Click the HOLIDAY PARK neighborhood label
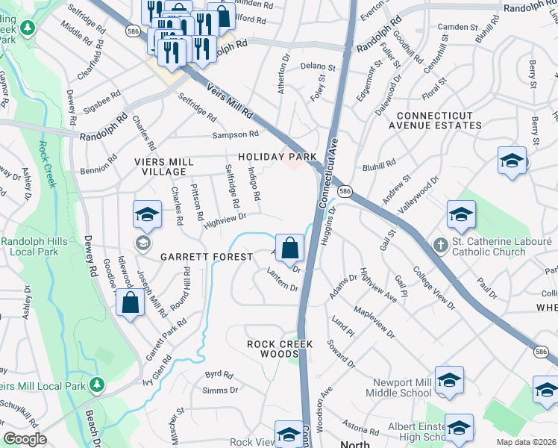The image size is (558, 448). [x=278, y=158]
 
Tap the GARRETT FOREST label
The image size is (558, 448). [x=206, y=257]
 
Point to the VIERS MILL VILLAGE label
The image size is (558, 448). [x=163, y=167]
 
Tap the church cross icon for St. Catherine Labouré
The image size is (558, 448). [x=440, y=245]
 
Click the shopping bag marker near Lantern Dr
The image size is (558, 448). [x=289, y=247]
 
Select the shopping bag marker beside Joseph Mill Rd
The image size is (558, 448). [x=131, y=303]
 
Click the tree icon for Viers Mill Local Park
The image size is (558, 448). [x=95, y=385]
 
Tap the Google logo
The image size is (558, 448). [x=24, y=440]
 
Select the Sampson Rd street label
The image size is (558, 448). [x=235, y=134]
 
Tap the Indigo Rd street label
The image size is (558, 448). [x=254, y=184]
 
